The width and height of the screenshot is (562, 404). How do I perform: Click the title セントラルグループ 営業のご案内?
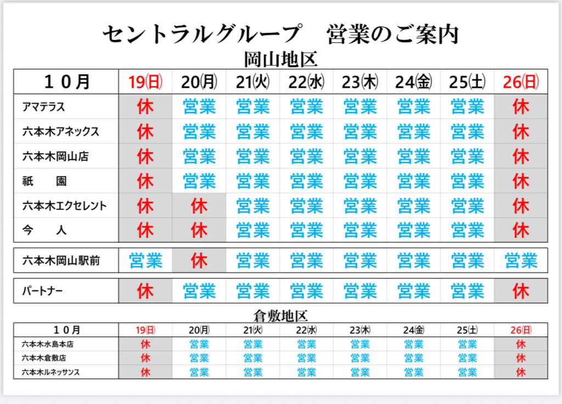280,35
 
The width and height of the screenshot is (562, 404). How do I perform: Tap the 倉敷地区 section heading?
280,316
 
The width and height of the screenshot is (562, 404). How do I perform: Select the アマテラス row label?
44,106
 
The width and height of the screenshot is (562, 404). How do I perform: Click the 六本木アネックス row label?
60,132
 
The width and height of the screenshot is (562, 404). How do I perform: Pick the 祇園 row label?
44,181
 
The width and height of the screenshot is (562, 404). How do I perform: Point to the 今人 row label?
44,230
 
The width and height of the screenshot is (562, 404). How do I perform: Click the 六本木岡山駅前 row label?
60,260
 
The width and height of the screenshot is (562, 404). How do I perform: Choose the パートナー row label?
42,291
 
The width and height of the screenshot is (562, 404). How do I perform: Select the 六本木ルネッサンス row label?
50,372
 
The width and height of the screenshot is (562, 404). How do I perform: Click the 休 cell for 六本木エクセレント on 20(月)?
199,206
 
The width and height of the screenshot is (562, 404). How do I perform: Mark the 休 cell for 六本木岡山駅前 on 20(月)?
199,260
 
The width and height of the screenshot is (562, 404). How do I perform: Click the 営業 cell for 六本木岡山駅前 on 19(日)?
146,260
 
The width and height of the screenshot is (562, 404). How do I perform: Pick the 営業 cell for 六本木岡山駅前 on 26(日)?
521,260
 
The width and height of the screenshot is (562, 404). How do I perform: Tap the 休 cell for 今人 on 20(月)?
199,230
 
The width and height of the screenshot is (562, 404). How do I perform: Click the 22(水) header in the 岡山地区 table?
307,82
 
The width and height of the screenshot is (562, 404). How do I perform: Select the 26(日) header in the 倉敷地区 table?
521,330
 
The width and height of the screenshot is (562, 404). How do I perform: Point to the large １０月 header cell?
66,82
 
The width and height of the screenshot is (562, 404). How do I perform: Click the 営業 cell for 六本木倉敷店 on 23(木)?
360,359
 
